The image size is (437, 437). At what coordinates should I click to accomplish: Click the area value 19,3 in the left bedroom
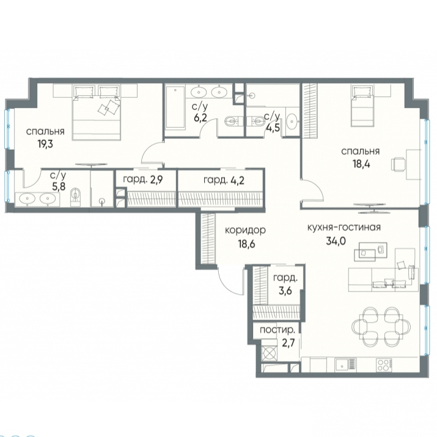45,144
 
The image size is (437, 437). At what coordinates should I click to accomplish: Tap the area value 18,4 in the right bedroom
361,164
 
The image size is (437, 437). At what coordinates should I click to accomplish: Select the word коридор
245,230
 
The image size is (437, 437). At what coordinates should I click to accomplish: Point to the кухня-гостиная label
344,227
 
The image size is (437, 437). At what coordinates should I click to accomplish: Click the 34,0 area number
336,241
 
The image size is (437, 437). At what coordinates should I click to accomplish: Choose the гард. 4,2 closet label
224,180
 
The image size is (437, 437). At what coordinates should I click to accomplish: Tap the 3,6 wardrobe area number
285,291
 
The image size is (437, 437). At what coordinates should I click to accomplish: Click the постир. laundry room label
277,330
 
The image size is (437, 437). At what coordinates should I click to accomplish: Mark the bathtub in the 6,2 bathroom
175,108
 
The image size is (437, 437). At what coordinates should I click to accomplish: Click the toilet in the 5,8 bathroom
75,196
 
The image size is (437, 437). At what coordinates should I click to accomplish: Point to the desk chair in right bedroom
398,164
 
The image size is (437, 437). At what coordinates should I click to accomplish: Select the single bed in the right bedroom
362,106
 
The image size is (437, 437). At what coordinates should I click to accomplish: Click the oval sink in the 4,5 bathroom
292,121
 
